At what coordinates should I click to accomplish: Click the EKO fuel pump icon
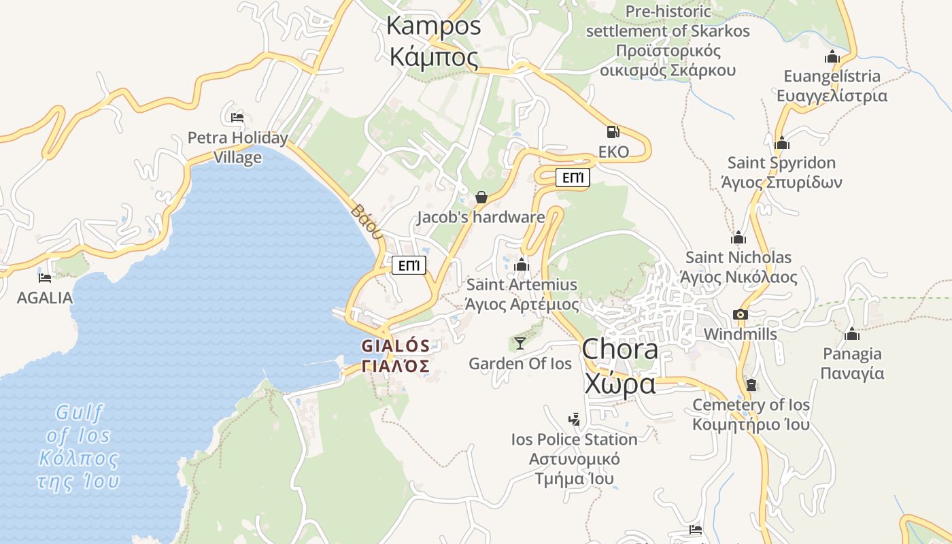point(613,132)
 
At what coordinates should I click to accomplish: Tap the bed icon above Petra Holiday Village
point(237,118)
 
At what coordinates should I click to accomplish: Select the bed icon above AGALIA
point(45,277)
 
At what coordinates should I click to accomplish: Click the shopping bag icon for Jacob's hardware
point(481,197)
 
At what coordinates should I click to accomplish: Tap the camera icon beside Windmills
point(741,314)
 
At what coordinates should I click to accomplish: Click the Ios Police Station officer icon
point(575,419)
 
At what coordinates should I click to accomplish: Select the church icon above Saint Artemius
point(522,265)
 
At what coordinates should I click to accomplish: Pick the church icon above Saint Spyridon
point(782,143)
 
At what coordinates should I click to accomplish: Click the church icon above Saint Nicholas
point(738,238)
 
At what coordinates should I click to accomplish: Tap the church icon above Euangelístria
point(832,56)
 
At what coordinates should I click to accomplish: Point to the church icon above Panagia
point(851,334)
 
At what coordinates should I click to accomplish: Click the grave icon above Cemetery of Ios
point(751,385)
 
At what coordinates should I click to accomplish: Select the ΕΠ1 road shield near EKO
point(573,178)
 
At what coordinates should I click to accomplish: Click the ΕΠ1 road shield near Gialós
point(409,265)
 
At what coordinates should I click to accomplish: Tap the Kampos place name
point(434,41)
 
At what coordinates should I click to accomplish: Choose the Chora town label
point(619,366)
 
